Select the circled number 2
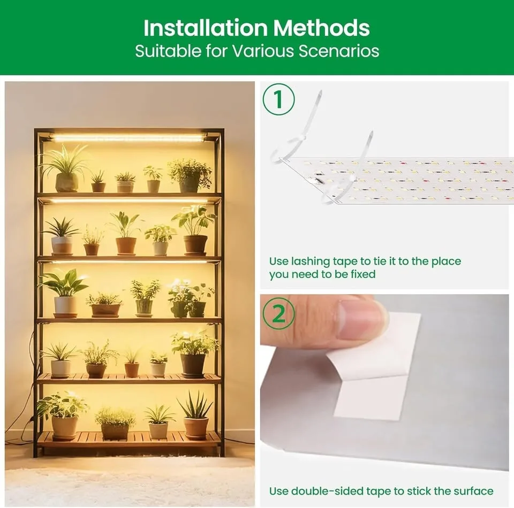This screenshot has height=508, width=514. (x=278, y=314)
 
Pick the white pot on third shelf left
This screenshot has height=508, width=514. (x=65, y=305)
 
